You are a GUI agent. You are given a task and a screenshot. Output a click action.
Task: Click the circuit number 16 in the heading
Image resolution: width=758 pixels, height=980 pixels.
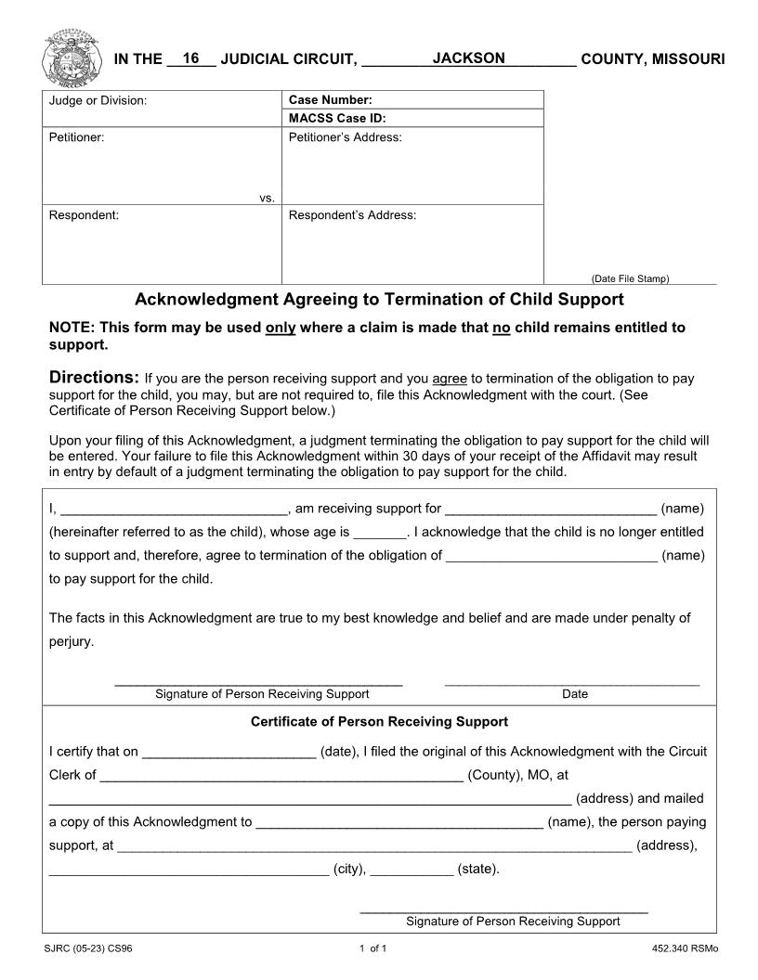click(x=191, y=58)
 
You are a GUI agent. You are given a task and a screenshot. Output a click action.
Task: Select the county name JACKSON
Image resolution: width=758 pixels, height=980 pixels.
click(x=468, y=58)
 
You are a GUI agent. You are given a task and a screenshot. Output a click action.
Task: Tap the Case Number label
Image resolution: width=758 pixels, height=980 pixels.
click(x=331, y=100)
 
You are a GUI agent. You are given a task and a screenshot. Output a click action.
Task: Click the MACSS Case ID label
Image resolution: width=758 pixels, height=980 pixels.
click(x=337, y=119)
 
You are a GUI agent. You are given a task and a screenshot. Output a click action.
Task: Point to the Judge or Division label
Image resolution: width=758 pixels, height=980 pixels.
click(x=98, y=100)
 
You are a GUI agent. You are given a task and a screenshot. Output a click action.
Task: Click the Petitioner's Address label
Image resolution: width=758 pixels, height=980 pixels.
click(x=346, y=137)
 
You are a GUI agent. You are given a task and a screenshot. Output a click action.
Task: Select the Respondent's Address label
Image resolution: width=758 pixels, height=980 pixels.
click(x=353, y=215)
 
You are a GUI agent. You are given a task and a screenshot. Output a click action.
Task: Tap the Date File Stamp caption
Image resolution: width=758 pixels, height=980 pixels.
click(x=630, y=278)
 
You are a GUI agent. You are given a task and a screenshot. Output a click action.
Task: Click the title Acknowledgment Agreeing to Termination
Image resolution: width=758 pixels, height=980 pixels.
click(x=379, y=300)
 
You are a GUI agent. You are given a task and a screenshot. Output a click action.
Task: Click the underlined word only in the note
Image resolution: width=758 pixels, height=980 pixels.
click(x=281, y=328)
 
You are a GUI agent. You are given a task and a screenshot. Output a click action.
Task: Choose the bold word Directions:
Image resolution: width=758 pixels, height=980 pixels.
click(x=93, y=378)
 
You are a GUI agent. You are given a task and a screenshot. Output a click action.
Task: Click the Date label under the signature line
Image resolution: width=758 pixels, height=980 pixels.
click(x=575, y=694)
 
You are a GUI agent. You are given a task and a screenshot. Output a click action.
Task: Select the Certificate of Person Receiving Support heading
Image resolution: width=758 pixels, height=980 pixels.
click(x=379, y=721)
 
